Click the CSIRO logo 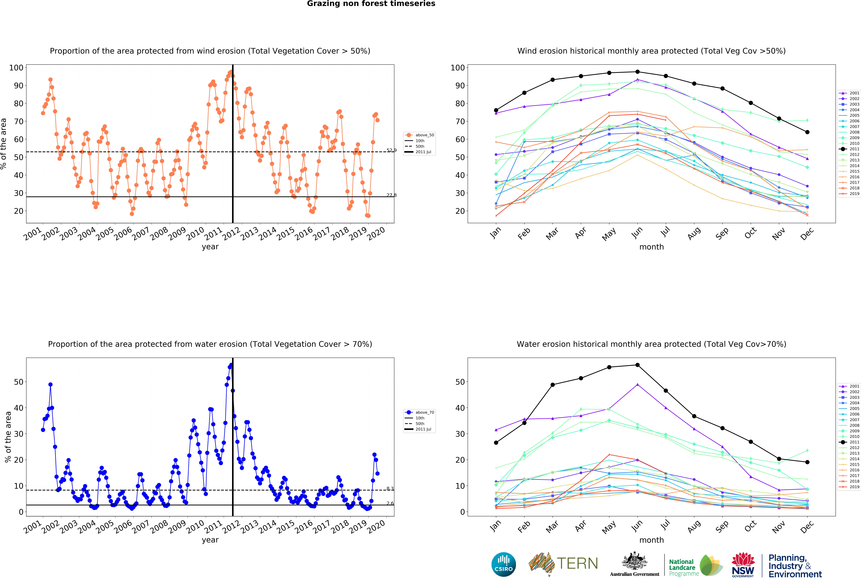pyautogui.click(x=503, y=564)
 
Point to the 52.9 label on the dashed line pyautogui.click(x=391, y=150)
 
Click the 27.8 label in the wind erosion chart pyautogui.click(x=391, y=195)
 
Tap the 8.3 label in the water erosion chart pyautogui.click(x=390, y=488)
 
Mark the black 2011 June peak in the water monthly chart pyautogui.click(x=637, y=365)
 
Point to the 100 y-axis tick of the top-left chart pyautogui.click(x=16, y=67)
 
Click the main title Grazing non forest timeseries pyautogui.click(x=371, y=4)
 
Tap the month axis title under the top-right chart pyautogui.click(x=651, y=247)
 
